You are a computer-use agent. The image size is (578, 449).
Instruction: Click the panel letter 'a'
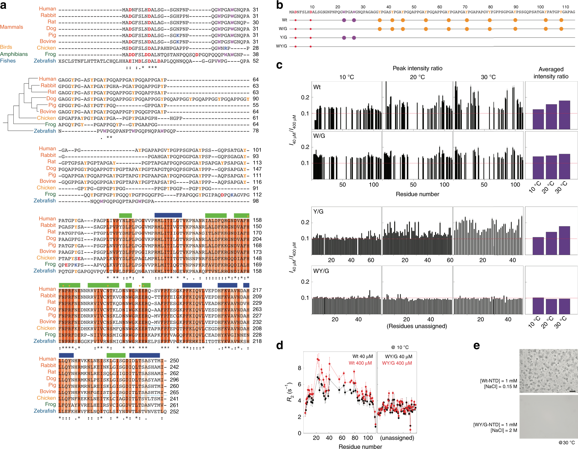[x=3, y=5]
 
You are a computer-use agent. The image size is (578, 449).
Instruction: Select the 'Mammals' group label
[x=11, y=27]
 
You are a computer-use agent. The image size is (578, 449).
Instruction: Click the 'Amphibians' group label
[x=14, y=54]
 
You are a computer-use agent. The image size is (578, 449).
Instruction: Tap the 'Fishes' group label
[x=8, y=61]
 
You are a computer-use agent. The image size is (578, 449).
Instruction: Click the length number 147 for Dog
[x=257, y=169]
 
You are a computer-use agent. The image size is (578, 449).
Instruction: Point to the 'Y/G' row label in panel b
[x=283, y=37]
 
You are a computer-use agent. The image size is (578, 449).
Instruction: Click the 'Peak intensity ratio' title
[x=417, y=68]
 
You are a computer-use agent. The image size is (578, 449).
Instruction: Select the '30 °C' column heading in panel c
[x=488, y=77]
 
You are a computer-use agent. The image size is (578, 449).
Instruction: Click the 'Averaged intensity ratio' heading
[x=551, y=73]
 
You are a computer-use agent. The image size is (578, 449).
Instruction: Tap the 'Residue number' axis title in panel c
[x=417, y=194]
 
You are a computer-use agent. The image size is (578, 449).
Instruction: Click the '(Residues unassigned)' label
[x=417, y=326]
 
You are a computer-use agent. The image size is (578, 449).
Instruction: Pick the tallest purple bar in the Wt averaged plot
[x=564, y=115]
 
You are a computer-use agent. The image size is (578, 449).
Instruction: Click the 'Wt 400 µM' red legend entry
[x=360, y=363]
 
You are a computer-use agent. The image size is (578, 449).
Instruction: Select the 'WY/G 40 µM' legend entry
[x=398, y=357]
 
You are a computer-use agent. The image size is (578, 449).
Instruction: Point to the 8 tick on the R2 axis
[x=299, y=368]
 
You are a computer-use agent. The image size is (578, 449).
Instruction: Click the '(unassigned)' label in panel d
[x=397, y=438]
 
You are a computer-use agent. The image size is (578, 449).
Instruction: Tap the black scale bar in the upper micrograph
[x=572, y=391]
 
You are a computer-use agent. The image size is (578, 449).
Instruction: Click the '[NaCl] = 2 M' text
[x=504, y=431]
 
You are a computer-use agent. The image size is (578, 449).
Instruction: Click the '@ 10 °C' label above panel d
[x=400, y=347]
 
